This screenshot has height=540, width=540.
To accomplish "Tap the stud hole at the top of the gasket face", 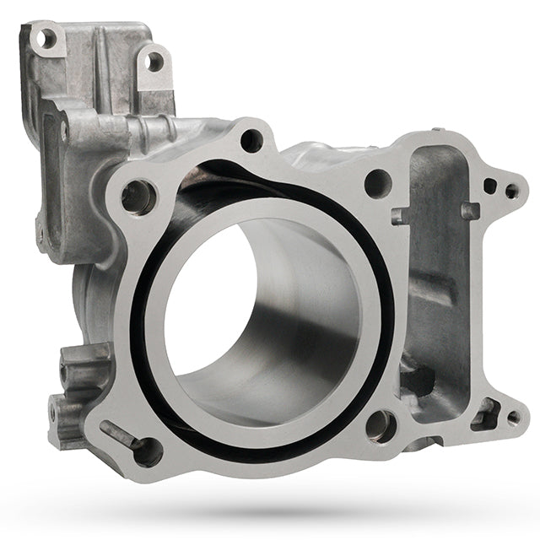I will [x=251, y=140].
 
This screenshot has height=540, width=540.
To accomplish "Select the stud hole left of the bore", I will [x=137, y=197].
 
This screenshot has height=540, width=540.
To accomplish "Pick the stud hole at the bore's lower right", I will [x=381, y=426].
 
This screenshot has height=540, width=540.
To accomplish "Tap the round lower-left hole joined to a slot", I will [x=148, y=451].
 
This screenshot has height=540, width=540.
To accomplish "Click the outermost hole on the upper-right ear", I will [x=511, y=192].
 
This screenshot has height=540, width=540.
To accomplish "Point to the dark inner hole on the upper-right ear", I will [x=489, y=186].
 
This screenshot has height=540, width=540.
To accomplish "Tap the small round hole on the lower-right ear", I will [x=512, y=416].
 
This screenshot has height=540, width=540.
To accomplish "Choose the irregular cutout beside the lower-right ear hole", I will [x=485, y=413].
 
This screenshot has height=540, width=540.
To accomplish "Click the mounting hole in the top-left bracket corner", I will [x=46, y=38].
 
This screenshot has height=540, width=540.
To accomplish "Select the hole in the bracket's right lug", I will [x=154, y=62].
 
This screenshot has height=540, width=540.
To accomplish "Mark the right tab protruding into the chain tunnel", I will [x=469, y=210].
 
